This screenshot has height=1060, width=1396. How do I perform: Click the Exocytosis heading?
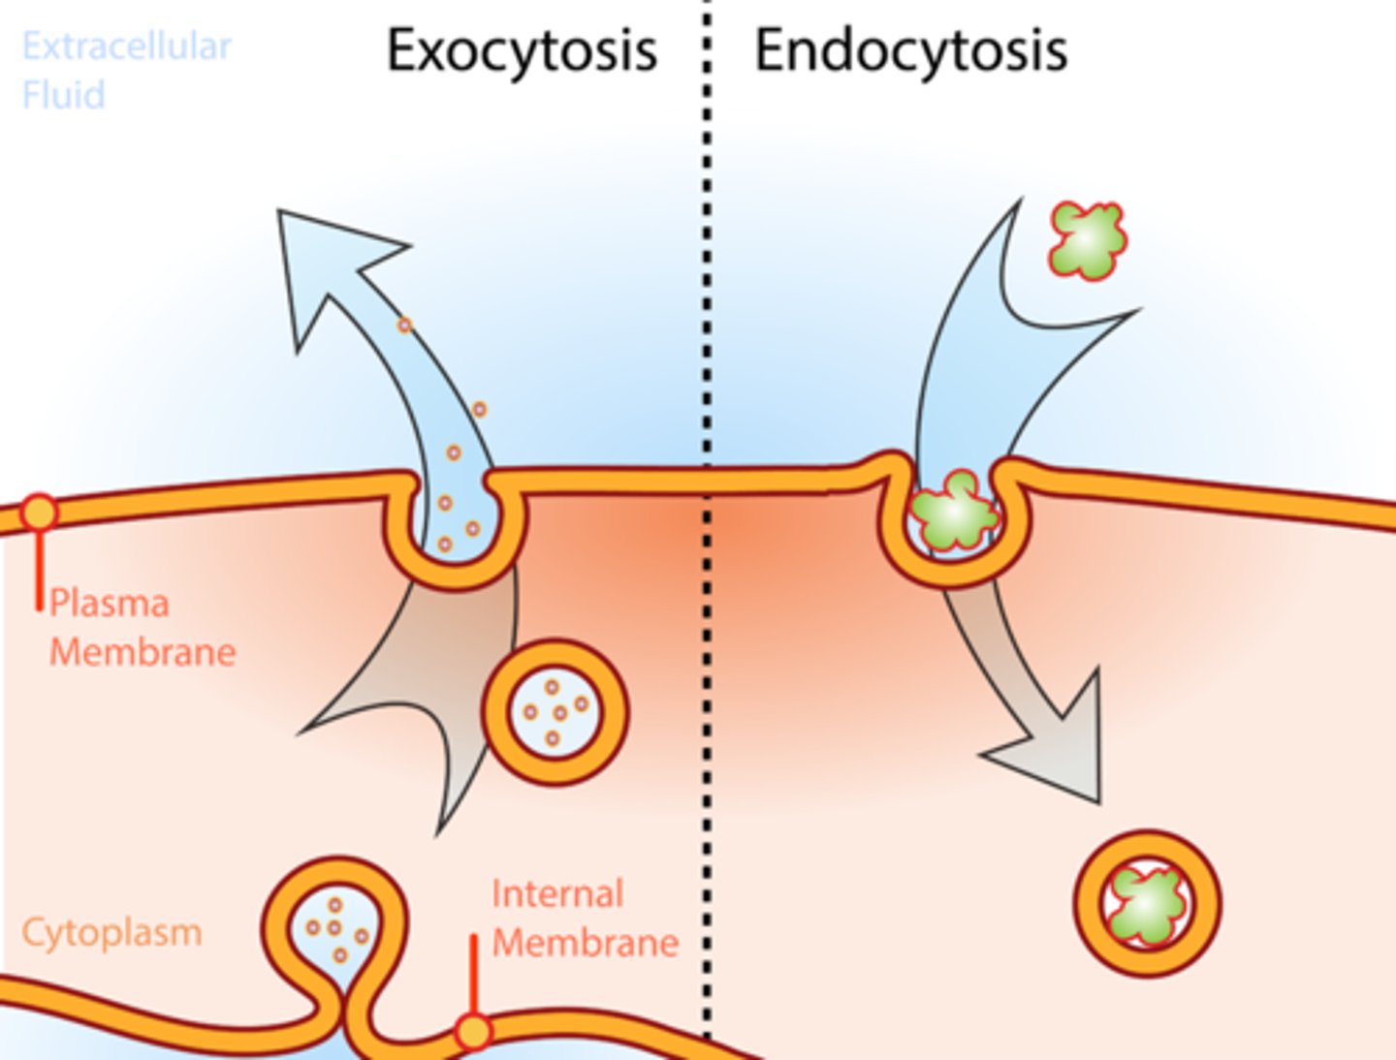point(522,50)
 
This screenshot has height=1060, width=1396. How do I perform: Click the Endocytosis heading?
point(910,50)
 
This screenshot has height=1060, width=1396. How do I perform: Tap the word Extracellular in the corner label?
point(126,46)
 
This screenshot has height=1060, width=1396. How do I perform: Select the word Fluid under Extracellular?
point(63,95)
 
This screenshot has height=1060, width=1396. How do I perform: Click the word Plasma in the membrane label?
point(110,603)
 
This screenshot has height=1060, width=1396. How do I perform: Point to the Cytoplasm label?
point(111,932)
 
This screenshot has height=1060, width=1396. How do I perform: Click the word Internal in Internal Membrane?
point(556,893)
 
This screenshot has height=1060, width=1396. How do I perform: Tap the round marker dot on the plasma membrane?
point(39,512)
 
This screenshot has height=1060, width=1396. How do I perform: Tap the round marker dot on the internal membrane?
point(473,1031)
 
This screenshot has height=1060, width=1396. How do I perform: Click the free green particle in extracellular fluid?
point(1088,239)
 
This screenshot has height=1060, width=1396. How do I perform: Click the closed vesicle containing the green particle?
point(1147,903)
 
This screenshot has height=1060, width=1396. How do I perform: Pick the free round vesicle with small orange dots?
point(555,712)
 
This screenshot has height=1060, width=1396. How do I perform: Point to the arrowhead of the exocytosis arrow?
point(330,262)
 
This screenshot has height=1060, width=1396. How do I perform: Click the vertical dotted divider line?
point(707,291)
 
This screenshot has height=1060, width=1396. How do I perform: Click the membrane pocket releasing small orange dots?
point(456,528)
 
